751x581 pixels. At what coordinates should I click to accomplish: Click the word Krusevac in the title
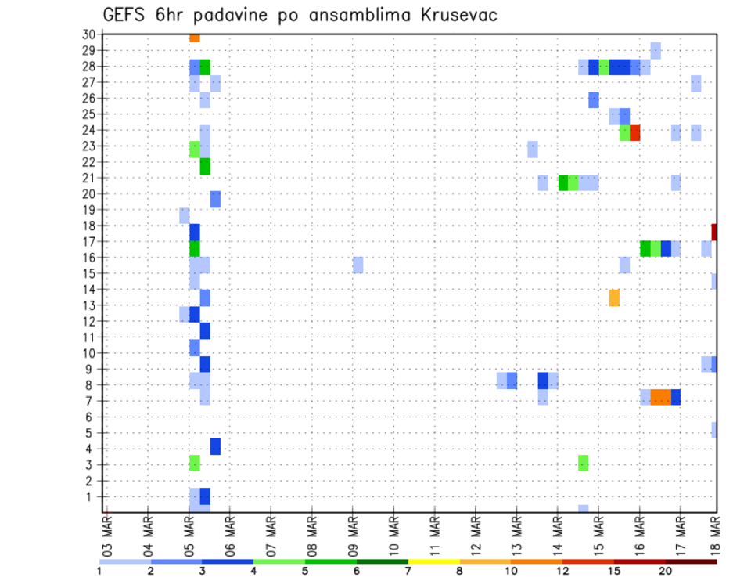448,15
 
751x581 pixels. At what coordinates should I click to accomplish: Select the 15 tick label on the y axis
88,273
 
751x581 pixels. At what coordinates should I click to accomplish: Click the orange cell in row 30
195,38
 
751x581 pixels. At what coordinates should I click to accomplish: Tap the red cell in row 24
634,133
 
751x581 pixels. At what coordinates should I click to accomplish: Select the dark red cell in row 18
714,232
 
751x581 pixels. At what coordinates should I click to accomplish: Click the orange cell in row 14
614,298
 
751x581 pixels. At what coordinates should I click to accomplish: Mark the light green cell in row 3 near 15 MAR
584,463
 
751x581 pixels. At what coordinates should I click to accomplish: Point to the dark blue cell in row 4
215,446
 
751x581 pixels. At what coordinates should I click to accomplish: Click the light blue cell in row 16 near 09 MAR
358,265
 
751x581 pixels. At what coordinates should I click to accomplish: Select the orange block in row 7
660,397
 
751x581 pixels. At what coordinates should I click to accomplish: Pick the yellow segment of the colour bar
433,561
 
